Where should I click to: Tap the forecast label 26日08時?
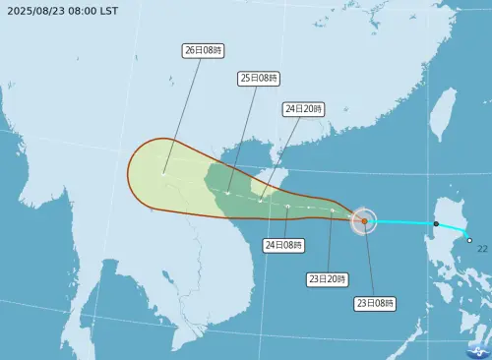tap(202, 48)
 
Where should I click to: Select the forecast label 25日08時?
tap(259, 77)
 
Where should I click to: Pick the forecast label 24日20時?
tap(302, 108)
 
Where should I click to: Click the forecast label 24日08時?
tap(282, 244)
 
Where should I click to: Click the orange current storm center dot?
tap(364, 221)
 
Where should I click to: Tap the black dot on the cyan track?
tap(436, 224)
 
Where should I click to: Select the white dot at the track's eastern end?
tap(469, 241)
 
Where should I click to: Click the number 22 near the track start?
tap(482, 249)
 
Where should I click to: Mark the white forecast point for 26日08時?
tap(164, 173)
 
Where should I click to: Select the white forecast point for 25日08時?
tap(227, 193)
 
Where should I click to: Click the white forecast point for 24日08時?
tap(287, 207)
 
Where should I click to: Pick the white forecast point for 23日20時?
tap(333, 210)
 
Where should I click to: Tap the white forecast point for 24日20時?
tap(260, 201)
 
